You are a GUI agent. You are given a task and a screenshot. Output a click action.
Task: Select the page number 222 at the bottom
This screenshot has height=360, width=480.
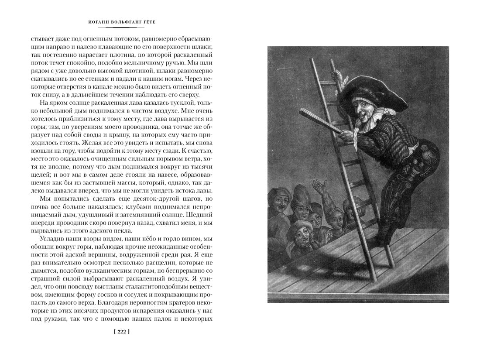pos(121,332)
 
